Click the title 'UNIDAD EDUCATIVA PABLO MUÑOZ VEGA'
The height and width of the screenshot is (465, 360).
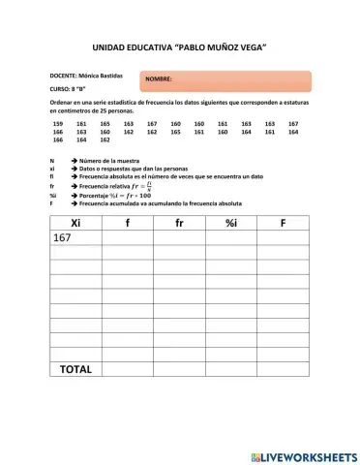[179, 46]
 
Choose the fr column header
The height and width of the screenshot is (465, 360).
[179, 223]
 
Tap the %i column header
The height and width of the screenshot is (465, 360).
[231, 223]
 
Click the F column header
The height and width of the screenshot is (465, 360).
[283, 223]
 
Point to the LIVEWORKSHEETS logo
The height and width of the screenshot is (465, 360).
[303, 455]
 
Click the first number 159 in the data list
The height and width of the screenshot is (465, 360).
[58, 124]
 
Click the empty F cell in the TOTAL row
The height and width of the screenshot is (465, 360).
[283, 369]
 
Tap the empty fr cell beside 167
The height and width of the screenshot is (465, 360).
[179, 238]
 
